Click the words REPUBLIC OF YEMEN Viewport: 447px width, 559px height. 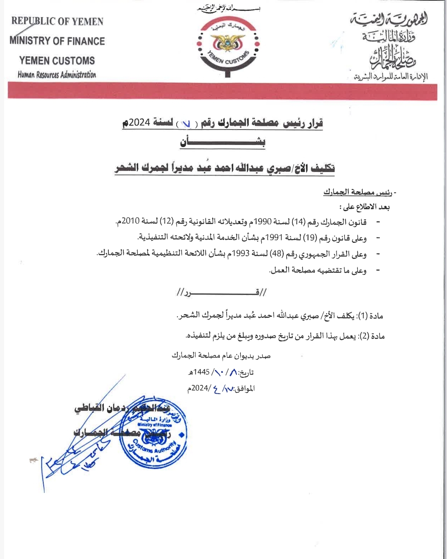57,21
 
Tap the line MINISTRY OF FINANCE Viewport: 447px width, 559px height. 57,41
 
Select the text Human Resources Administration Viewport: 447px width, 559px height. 57,75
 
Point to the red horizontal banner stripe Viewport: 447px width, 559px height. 222,91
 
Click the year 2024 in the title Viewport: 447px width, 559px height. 139,122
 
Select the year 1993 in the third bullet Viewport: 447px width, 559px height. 241,254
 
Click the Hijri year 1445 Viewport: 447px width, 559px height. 201,372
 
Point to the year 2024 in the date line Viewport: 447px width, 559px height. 200,388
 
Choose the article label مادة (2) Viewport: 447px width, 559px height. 372,336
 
